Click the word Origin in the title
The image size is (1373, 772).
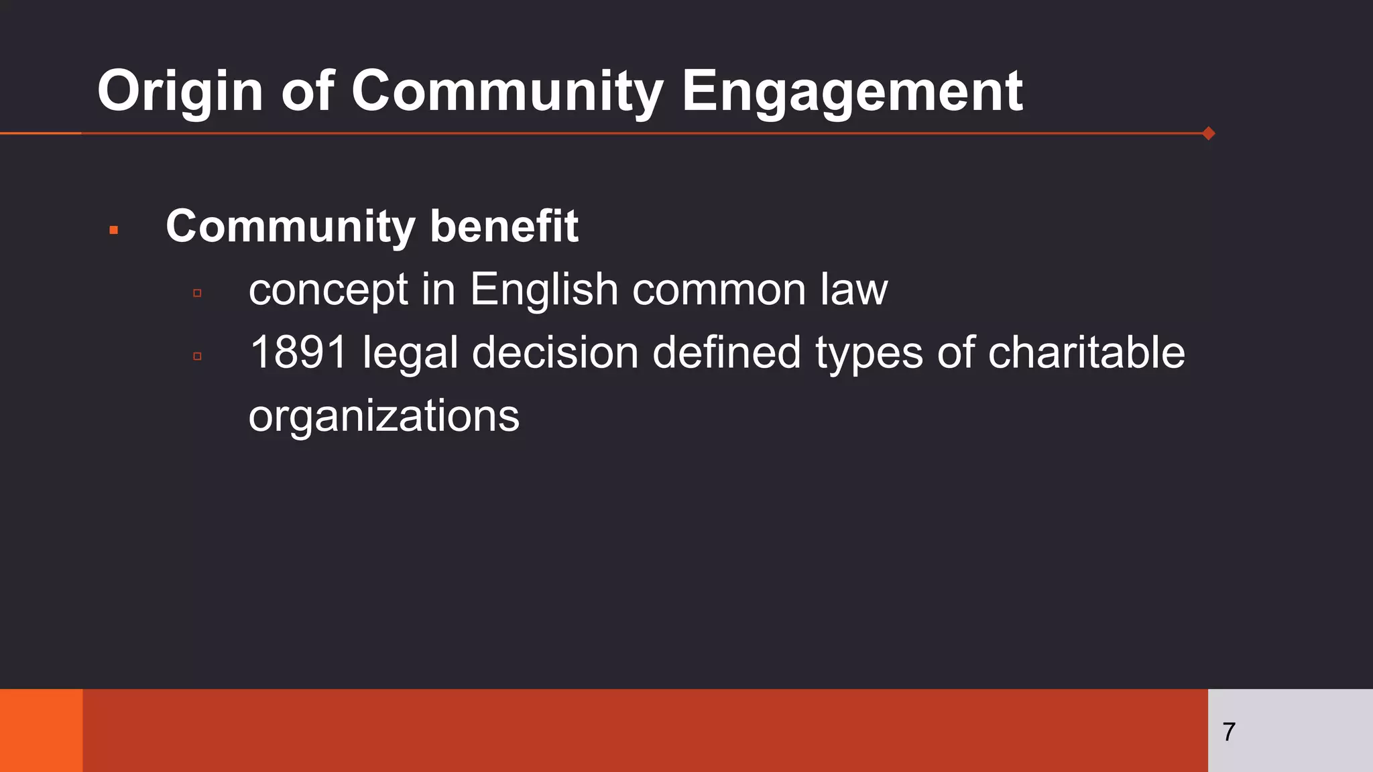tap(180, 91)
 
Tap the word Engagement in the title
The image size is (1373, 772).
tap(852, 91)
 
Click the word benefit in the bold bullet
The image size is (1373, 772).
tap(504, 227)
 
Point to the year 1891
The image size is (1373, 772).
tap(298, 352)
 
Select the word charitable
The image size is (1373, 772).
tap(1086, 352)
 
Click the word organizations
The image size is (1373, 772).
tap(383, 415)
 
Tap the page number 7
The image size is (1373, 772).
tap(1229, 732)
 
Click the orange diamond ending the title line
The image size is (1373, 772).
tap(1209, 133)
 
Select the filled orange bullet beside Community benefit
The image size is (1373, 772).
tap(113, 230)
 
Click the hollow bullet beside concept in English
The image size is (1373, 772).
tap(197, 293)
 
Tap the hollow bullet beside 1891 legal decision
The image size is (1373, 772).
tap(197, 356)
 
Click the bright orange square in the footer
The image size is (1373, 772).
tap(41, 730)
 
